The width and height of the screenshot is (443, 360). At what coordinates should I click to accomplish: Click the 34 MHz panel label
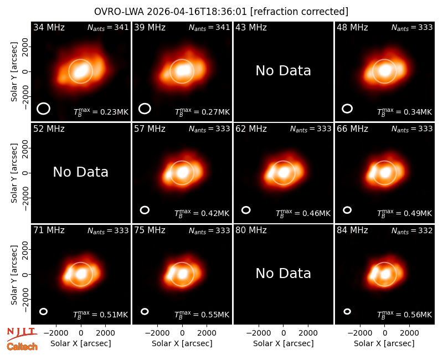pos(49,27)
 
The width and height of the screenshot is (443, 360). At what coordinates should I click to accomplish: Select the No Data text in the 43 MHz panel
pos(283,71)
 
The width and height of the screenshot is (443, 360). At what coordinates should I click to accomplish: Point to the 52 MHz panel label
pos(49,129)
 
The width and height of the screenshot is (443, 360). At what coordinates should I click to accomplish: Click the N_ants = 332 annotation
pos(412,231)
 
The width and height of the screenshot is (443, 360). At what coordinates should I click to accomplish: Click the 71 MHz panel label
pos(49,230)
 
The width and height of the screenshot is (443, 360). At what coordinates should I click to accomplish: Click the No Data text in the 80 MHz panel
pos(283,274)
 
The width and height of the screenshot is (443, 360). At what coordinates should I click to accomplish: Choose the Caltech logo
pos(22,347)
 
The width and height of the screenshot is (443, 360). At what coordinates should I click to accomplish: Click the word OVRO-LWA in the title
pos(119,12)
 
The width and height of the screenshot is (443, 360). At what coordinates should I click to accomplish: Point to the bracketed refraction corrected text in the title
pos(299,12)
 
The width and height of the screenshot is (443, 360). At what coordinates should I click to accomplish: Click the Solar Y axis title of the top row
pos(14,72)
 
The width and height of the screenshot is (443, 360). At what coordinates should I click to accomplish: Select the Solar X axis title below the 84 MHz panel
pos(384,343)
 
